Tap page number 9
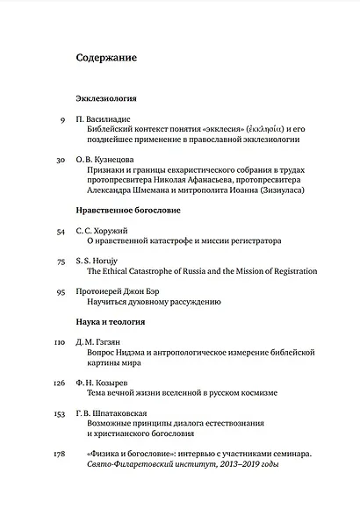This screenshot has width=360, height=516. pos(62,118)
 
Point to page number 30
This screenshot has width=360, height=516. pos(61,160)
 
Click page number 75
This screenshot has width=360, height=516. pos(61,261)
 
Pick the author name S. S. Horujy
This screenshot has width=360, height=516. pos(103,261)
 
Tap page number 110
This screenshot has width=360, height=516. pos(59,340)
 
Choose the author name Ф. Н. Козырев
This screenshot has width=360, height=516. pos(106,382)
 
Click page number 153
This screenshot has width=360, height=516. pos(59,412)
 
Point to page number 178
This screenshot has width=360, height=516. pos(59,453)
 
